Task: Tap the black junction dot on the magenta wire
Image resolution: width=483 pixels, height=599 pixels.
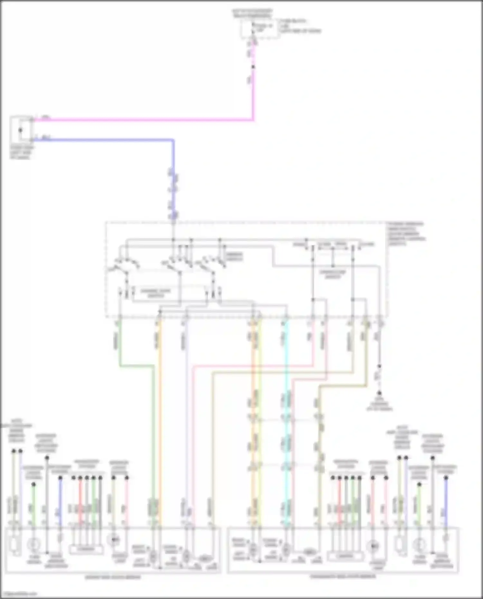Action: point(253,67)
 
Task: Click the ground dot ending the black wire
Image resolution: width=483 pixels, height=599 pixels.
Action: point(379,393)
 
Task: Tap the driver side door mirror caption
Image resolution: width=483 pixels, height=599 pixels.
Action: point(113,577)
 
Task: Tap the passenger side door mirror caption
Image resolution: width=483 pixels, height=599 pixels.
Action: point(343,576)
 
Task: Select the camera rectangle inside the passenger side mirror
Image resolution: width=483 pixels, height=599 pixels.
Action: point(345,556)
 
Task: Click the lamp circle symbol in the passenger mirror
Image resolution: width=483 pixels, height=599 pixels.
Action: point(373,546)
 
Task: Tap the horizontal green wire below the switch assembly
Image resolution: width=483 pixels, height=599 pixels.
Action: point(135,366)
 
